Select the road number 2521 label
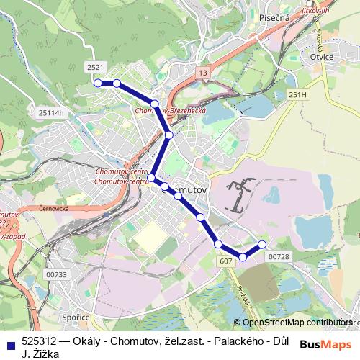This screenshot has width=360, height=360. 94,67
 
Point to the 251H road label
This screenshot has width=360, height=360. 297,94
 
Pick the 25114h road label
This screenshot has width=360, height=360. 51,112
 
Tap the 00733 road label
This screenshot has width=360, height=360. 55,274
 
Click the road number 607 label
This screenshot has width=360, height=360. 225,260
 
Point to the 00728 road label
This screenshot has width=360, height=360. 278,257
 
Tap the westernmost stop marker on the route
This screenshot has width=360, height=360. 97,83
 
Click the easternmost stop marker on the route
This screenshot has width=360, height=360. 262,244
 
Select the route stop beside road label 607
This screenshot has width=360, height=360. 218,245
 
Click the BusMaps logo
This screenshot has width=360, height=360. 326,343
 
